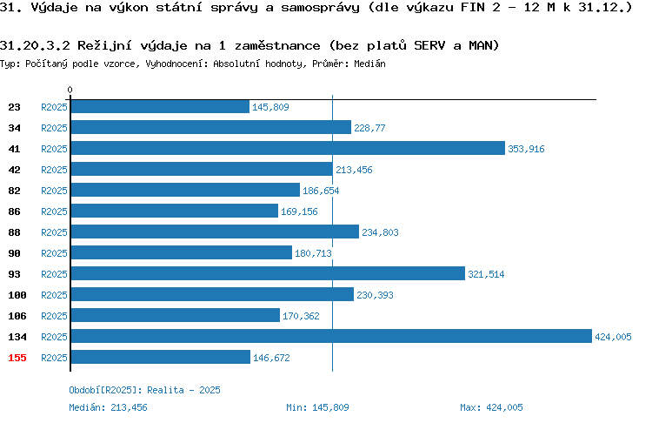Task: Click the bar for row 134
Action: tap(331, 336)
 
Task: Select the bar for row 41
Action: tap(288, 148)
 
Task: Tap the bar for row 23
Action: tap(160, 106)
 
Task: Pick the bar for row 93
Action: tap(269, 273)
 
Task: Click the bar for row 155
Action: tap(161, 357)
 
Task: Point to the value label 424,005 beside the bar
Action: tap(613, 337)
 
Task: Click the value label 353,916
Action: tap(526, 149)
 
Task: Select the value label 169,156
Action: tap(299, 211)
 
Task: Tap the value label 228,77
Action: tap(369, 128)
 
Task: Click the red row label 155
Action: tap(17, 358)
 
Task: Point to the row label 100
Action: tap(17, 295)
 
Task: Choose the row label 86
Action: tap(14, 211)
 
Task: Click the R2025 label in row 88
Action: tap(54, 232)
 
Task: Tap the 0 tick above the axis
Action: tap(70, 90)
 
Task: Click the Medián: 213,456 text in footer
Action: tap(108, 407)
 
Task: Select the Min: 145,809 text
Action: tap(317, 407)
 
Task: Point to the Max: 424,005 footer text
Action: tap(491, 407)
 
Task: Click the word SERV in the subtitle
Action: tap(429, 45)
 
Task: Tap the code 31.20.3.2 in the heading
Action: tap(35, 45)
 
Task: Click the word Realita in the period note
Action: tap(165, 390)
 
